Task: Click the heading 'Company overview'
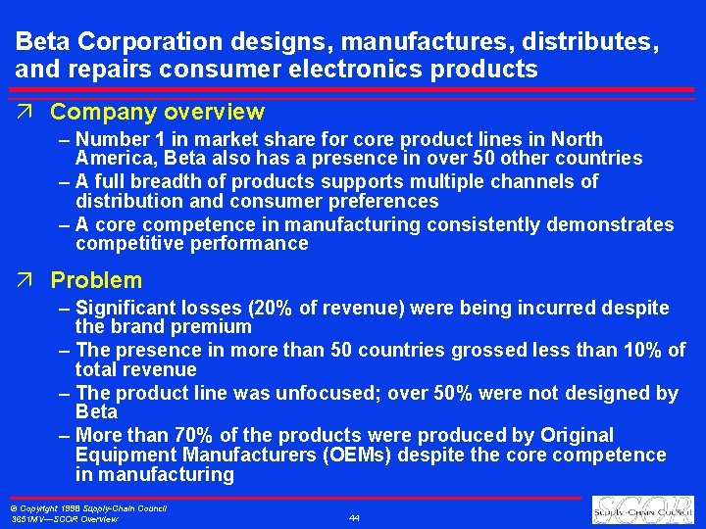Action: coord(157,113)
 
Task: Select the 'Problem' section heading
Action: coord(96,280)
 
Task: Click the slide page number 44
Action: coord(353,516)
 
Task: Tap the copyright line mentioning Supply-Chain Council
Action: coord(87,507)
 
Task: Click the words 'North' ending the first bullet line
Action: coord(576,139)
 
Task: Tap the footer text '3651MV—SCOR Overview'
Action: coord(63,519)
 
